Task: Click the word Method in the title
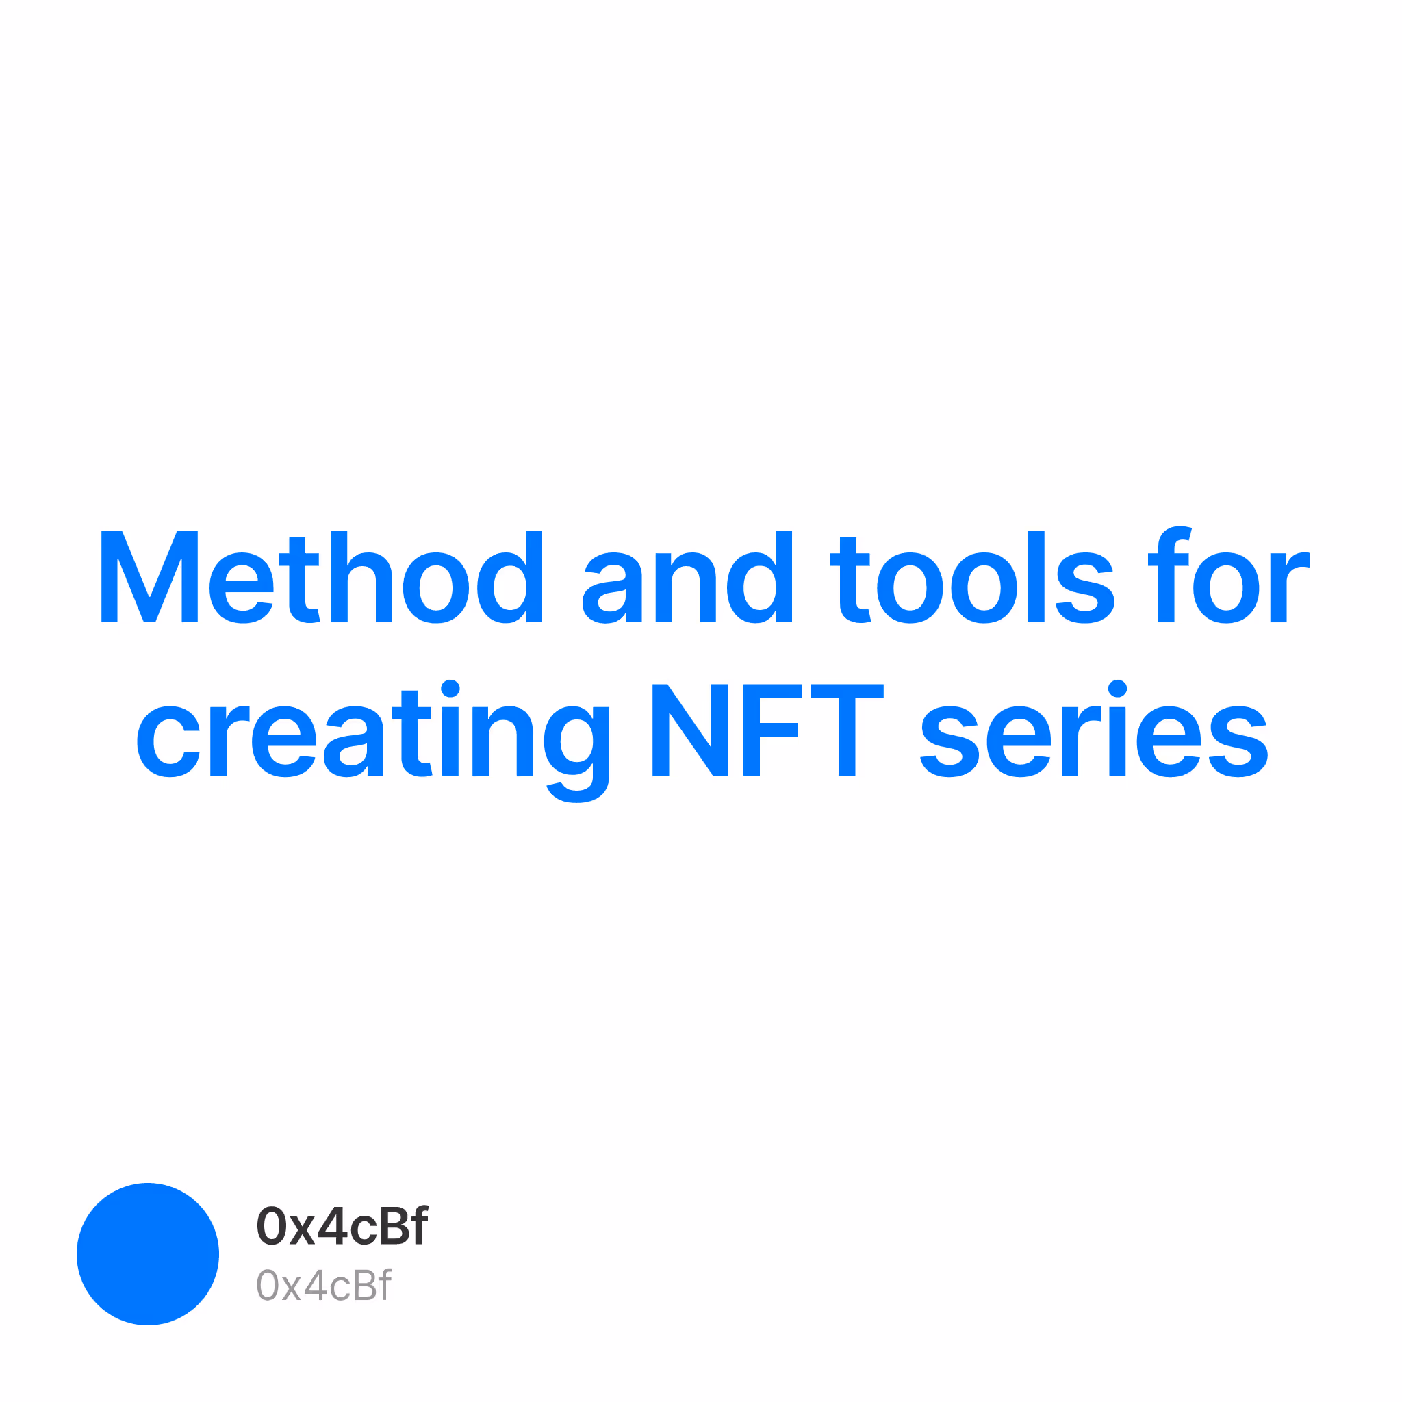point(322,576)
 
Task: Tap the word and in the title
point(687,576)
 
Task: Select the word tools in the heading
point(972,576)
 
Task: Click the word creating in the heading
point(373,741)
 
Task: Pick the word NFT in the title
point(768,730)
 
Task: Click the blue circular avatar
point(148,1254)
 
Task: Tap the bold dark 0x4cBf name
point(342,1226)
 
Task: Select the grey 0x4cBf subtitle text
point(324,1285)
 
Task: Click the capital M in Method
point(149,576)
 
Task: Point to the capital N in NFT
point(690,730)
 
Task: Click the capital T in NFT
point(847,730)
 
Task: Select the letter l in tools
point(1036,576)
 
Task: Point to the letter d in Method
point(509,576)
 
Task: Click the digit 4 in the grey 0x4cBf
point(315,1285)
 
